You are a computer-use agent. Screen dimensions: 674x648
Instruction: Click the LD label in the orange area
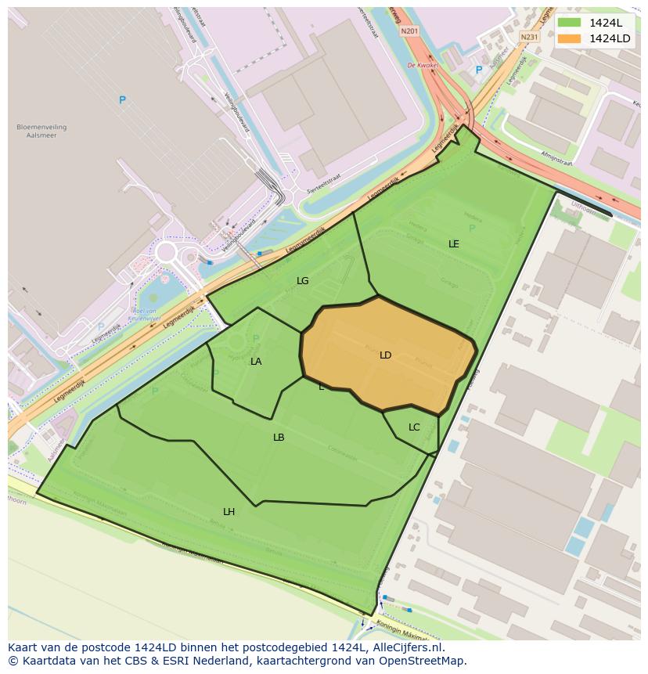pyautogui.click(x=385, y=355)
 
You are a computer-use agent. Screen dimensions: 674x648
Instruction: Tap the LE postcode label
pyautogui.click(x=453, y=244)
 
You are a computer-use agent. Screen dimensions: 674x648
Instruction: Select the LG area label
pyautogui.click(x=302, y=281)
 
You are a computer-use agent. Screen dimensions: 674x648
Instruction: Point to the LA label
pyautogui.click(x=256, y=362)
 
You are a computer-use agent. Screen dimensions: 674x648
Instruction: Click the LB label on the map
pyautogui.click(x=279, y=438)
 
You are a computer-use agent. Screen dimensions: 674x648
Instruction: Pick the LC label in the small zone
pyautogui.click(x=414, y=427)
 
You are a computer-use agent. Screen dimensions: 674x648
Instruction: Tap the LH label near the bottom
pyautogui.click(x=229, y=512)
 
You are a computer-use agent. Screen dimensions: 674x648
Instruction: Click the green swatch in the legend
pyautogui.click(x=569, y=23)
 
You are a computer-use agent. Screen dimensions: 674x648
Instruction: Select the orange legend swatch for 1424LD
pyautogui.click(x=569, y=38)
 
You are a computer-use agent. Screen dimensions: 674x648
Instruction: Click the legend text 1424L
pyautogui.click(x=606, y=23)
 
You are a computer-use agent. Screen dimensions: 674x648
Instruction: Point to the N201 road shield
pyautogui.click(x=409, y=31)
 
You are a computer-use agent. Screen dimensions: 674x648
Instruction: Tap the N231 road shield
pyautogui.click(x=529, y=37)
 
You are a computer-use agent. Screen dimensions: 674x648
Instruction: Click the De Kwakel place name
pyautogui.click(x=421, y=66)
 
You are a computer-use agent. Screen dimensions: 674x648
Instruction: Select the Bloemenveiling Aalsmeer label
pyautogui.click(x=41, y=131)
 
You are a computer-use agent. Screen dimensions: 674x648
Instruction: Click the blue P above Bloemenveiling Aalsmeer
pyautogui.click(x=122, y=100)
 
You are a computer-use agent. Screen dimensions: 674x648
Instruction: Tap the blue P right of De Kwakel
pyautogui.click(x=479, y=70)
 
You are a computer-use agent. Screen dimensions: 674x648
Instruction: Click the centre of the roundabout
pyautogui.click(x=166, y=253)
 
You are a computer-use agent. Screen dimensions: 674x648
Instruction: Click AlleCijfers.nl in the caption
pyautogui.click(x=407, y=647)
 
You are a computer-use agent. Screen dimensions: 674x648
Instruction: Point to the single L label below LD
pyautogui.click(x=321, y=387)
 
